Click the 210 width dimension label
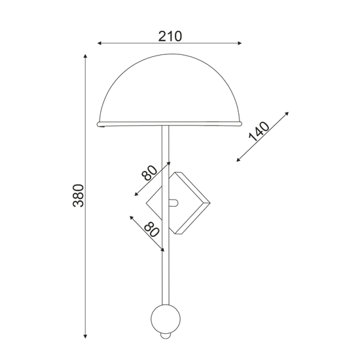[170, 36]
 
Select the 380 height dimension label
[79, 196]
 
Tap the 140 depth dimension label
[259, 132]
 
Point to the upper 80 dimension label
[149, 173]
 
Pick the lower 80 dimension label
[152, 229]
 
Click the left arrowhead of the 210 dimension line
[99, 43]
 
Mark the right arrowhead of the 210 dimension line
[240, 43]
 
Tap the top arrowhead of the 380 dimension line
[85, 56]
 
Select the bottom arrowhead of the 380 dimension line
[85, 336]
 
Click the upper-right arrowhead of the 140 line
[287, 113]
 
